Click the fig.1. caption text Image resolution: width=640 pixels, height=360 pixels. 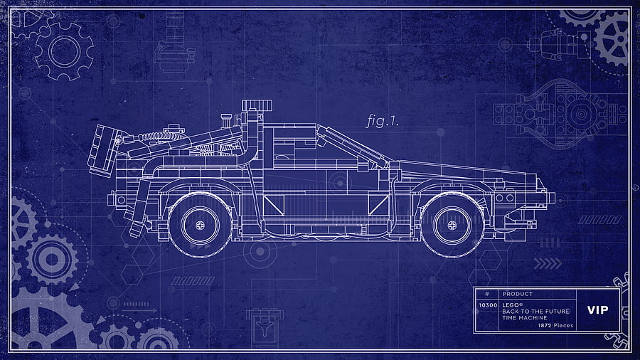tap(382, 121)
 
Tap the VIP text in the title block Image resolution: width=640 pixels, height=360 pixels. tap(597, 310)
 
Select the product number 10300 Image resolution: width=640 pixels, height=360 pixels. tap(488, 305)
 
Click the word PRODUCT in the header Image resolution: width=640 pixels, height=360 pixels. tap(517, 294)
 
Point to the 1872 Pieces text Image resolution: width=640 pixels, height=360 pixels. tap(555, 325)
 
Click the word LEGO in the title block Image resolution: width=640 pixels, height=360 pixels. tap(510, 305)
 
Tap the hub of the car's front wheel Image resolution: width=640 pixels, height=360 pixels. tap(452, 225)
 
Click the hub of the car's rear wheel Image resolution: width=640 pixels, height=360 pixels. tap(200, 225)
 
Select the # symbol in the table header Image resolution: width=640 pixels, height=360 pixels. tap(487, 294)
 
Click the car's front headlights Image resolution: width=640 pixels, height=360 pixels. tap(505, 198)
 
